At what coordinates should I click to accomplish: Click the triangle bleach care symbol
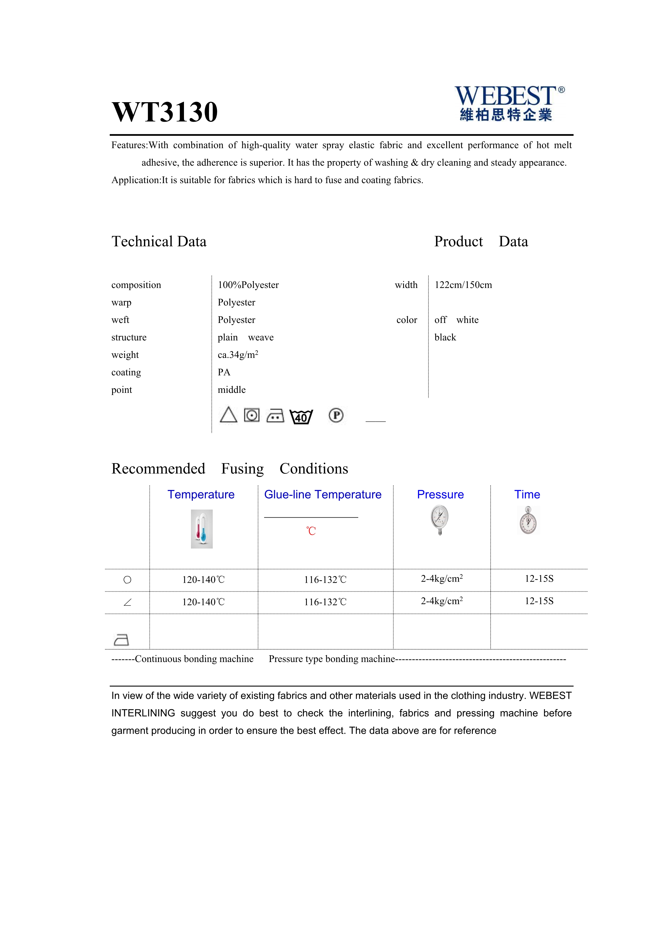pos(228,415)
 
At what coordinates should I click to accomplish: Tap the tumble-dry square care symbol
pos(252,415)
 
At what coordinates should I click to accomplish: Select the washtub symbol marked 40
pos(301,417)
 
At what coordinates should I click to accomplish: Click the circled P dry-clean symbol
pos(336,416)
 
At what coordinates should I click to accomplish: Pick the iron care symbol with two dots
pos(275,416)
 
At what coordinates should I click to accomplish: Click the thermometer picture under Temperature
pos(202,529)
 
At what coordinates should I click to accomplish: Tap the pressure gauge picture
pos(440,520)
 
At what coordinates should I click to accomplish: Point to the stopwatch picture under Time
pos(528,521)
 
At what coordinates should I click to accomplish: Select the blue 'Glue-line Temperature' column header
pos(323,494)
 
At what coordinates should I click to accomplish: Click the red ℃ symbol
pos(311,531)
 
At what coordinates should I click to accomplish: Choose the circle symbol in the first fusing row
pos(127,580)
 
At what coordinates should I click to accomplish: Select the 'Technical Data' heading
pos(159,241)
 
